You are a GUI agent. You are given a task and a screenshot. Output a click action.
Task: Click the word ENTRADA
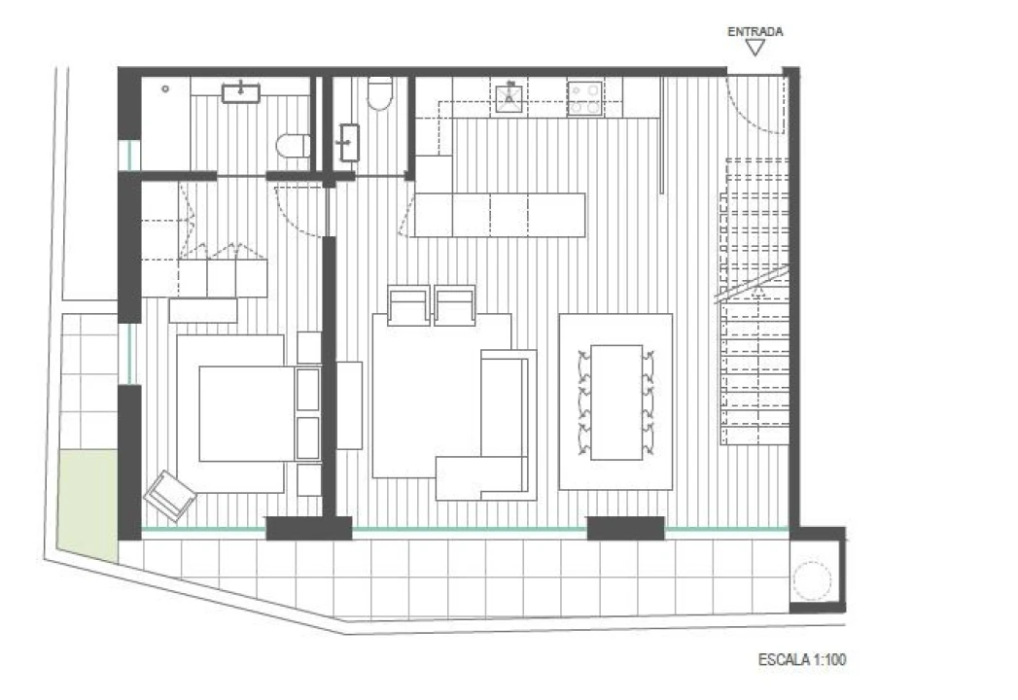point(755,31)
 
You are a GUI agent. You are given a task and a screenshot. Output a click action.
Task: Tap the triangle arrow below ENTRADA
point(755,48)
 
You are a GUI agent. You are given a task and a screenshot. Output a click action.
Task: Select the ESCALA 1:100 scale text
point(802,660)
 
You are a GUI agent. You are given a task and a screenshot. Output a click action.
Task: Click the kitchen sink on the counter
point(509,98)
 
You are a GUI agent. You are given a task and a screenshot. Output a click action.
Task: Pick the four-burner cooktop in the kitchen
point(585,98)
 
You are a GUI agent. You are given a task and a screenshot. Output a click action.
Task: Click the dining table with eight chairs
point(616,402)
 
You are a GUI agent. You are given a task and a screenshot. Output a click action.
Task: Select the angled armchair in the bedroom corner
point(169,496)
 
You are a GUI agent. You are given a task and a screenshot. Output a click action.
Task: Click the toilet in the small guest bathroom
point(380,93)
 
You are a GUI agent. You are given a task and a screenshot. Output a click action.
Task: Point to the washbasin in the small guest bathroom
point(349,142)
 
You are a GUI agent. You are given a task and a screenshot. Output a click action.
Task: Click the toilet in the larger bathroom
point(294,146)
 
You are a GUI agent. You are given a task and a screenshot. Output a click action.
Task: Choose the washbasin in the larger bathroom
point(241,93)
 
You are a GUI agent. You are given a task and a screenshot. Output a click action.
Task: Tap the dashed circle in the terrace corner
point(812,581)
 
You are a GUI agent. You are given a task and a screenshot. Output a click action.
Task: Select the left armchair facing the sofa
point(408,304)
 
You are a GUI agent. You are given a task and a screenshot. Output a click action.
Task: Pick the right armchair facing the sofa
point(454,304)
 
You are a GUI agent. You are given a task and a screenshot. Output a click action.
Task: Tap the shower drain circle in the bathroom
point(165,89)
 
